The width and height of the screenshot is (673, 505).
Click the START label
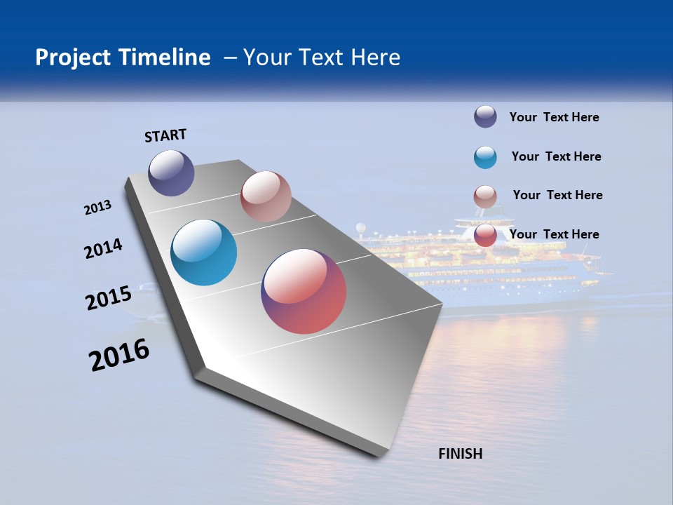(165, 135)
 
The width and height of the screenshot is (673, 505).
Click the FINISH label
(460, 454)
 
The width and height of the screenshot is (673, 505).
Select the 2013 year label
(98, 208)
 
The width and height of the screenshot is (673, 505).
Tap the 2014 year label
(104, 249)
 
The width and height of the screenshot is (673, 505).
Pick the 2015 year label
(109, 298)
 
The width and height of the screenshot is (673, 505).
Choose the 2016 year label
(119, 355)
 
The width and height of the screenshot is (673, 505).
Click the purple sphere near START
(171, 173)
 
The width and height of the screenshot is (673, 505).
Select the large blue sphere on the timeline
(203, 252)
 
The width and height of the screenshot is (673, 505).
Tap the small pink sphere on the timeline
(266, 196)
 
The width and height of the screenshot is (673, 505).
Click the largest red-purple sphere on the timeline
(304, 291)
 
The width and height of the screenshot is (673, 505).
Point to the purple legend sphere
(485, 116)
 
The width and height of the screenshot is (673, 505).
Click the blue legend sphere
(485, 157)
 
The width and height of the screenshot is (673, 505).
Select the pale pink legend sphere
(485, 196)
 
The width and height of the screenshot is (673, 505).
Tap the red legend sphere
(485, 235)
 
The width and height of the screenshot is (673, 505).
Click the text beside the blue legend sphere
(556, 156)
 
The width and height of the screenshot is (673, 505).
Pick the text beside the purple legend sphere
(554, 117)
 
